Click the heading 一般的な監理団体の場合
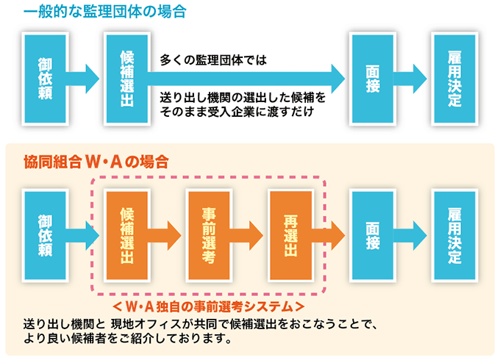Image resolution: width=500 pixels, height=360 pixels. [93, 11]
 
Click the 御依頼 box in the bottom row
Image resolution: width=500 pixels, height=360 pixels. [46, 235]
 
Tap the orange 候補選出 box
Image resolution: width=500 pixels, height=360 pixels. [126, 235]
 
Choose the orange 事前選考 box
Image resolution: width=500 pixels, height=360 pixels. [209, 235]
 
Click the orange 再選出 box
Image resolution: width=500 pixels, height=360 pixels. [290, 235]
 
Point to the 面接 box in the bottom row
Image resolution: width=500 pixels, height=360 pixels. [373, 235]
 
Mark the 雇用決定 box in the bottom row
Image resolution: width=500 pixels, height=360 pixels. [454, 235]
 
